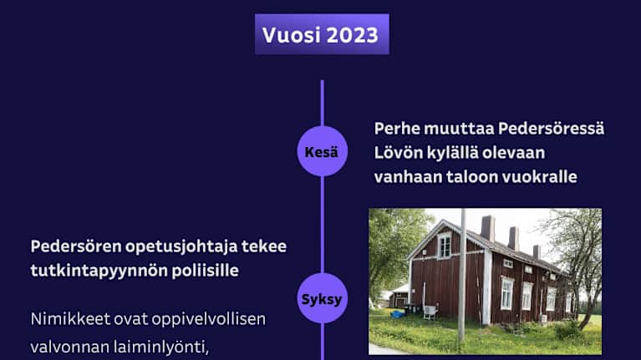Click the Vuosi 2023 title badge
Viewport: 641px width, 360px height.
tap(322, 35)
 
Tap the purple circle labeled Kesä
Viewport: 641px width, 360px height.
tap(322, 151)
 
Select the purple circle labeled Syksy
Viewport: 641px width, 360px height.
tap(322, 298)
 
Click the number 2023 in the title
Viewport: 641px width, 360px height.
tap(352, 35)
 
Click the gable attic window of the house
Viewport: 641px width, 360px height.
tap(444, 245)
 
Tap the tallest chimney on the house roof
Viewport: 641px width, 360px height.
tap(488, 228)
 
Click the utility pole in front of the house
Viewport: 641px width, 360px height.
tap(461, 276)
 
